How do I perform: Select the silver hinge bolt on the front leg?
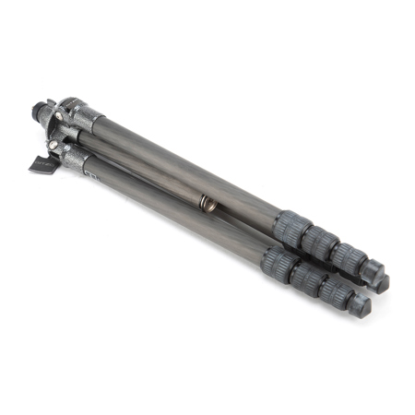coord(54,145)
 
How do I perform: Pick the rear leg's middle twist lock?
coord(320,242)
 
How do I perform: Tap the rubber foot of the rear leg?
coord(374,275)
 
